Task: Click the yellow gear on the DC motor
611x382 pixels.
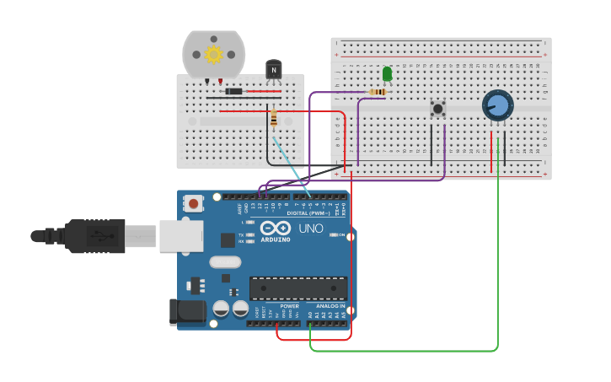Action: [x=213, y=55]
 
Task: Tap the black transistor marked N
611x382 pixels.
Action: [x=273, y=71]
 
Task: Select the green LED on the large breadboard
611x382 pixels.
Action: [x=387, y=74]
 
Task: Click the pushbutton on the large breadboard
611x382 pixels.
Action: [x=437, y=108]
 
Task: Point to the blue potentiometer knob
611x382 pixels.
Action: [x=498, y=105]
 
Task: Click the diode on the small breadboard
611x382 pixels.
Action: [x=234, y=91]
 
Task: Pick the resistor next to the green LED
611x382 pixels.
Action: [x=378, y=92]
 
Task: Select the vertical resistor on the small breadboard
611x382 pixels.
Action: [x=274, y=119]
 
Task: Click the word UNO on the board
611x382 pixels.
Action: [x=311, y=229]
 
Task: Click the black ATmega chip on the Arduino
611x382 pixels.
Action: [x=297, y=288]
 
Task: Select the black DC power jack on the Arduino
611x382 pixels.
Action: [x=187, y=311]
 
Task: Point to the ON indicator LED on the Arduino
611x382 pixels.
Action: [x=334, y=235]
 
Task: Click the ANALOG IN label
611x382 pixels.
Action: [x=330, y=306]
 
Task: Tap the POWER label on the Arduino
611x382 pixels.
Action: [x=289, y=306]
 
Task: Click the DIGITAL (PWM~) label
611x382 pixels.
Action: [x=308, y=213]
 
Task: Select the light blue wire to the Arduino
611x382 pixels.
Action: [x=292, y=164]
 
